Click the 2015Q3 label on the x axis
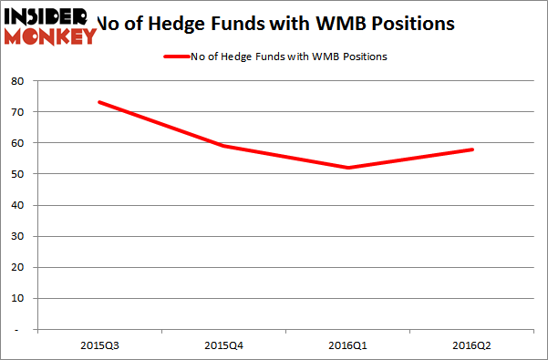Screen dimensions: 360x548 98,346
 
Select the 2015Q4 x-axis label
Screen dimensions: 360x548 222,346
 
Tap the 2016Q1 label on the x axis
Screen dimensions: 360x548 347,346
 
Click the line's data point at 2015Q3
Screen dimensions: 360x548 98,102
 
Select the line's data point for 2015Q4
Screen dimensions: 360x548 222,146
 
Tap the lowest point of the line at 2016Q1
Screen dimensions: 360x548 347,168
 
